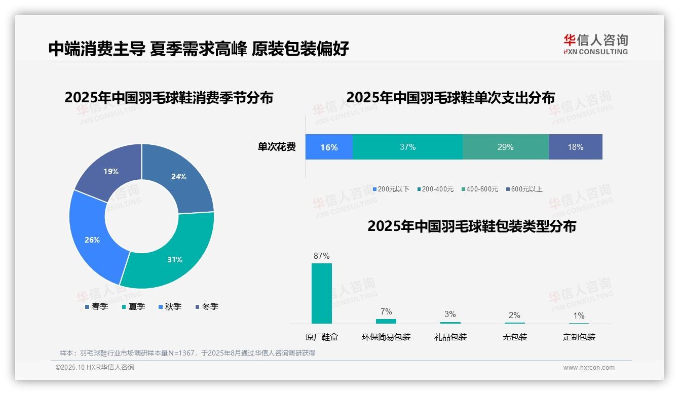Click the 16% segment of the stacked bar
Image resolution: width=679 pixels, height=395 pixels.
pos(329,147)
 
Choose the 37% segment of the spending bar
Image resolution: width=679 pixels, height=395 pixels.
pos(407,147)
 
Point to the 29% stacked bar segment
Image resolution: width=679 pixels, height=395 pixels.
pos(505,147)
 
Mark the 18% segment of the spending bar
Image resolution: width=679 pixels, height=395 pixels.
pos(575,147)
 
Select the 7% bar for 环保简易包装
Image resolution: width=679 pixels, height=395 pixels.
pos(386,321)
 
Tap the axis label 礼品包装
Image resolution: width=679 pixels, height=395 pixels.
pos(450,337)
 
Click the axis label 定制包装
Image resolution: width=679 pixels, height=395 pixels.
pos(579,337)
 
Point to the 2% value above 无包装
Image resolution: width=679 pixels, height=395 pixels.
pos(514,315)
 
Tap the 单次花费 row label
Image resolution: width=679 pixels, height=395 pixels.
pos(277,147)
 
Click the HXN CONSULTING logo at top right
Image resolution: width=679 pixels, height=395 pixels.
pos(595,44)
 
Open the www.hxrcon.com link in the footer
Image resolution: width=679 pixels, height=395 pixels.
pos(589,368)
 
